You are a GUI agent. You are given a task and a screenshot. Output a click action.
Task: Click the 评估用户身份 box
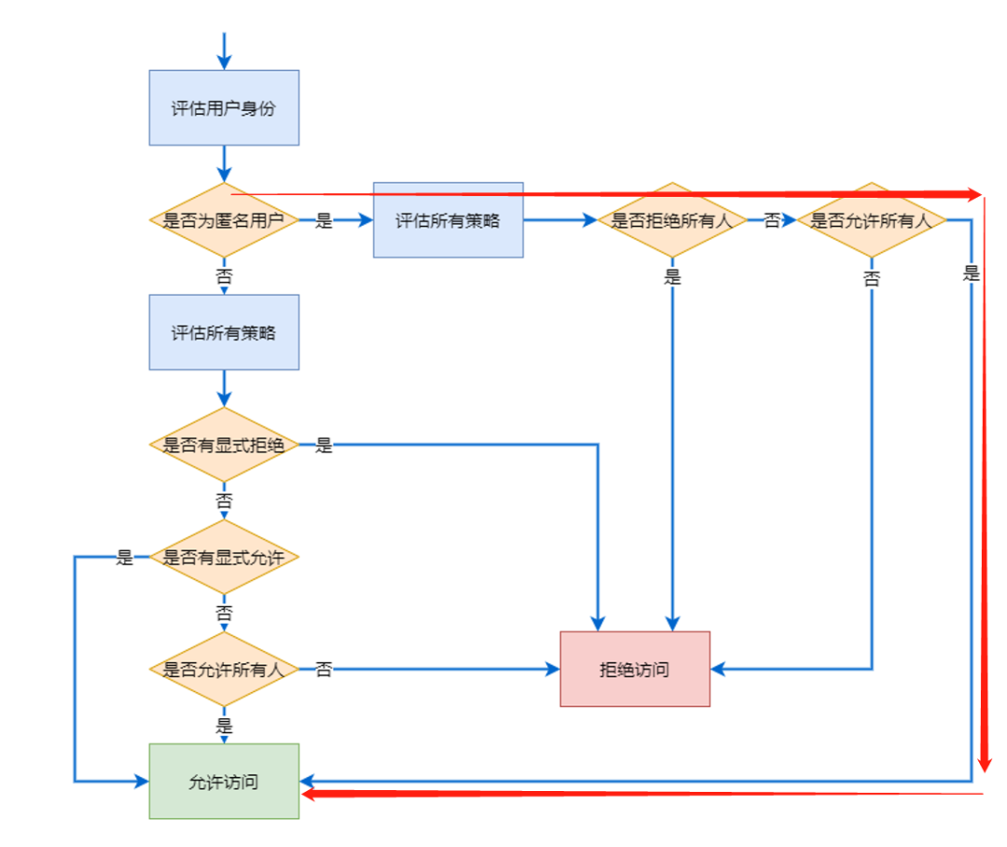[224, 107]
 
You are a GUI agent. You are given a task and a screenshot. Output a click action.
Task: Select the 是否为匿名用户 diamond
[224, 220]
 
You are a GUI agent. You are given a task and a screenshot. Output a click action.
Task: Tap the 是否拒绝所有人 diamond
[672, 220]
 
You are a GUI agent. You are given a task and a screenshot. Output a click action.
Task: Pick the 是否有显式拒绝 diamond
[224, 445]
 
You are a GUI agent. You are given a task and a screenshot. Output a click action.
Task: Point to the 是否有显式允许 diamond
[224, 557]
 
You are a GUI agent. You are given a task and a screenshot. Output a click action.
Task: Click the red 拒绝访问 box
[635, 669]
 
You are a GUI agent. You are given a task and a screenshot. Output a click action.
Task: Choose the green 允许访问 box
[224, 782]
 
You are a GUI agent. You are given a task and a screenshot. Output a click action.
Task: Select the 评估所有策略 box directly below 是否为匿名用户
[224, 332]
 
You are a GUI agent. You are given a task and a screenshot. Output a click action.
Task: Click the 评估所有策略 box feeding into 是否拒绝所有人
[448, 220]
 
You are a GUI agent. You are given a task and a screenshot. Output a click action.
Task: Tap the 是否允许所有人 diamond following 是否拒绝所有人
[871, 220]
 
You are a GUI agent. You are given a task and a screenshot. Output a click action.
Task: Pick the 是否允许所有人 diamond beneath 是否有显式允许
[224, 669]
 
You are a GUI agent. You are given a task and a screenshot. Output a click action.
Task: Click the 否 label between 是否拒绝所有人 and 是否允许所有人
[772, 221]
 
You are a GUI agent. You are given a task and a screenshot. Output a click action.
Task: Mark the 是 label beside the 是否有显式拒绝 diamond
[324, 446]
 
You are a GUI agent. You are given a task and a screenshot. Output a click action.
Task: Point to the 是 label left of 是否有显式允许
[125, 558]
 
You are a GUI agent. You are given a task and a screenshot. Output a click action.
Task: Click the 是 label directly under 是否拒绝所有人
[672, 277]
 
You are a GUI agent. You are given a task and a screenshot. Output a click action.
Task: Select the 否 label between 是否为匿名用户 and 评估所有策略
[224, 276]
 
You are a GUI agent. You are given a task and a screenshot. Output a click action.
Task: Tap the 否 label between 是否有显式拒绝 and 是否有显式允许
[224, 501]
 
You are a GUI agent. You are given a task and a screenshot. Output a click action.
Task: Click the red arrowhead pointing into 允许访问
[308, 794]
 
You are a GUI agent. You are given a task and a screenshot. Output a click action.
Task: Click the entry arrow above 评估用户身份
[224, 51]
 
